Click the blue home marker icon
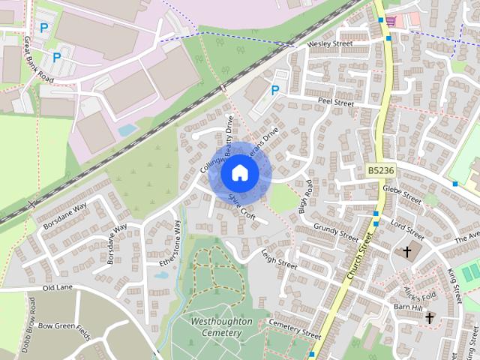pos(239,172)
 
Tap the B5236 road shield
pos(382,172)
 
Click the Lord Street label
pos(407,226)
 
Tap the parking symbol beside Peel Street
pos(275,90)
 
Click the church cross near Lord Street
pos(407,252)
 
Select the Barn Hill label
pos(409,307)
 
